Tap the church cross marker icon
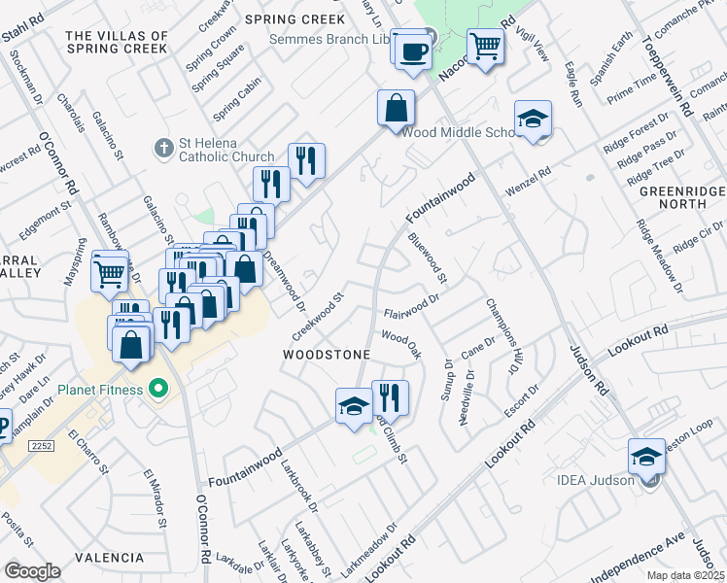coord(163,148)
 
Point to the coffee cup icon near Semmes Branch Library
coord(413,49)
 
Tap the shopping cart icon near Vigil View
coord(485,44)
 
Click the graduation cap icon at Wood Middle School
coord(533,120)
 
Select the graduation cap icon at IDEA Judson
coord(647,455)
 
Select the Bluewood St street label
coord(427,257)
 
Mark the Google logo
coord(32,570)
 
